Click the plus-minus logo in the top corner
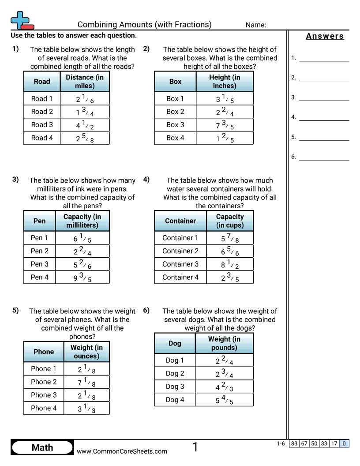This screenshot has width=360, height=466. tap(21, 20)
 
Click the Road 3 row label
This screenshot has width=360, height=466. tap(42, 125)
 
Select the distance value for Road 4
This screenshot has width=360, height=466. tap(85, 138)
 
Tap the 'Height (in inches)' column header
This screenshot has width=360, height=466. tap(225, 82)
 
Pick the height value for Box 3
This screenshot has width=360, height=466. tap(225, 125)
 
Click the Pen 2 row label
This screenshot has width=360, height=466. tap(40, 251)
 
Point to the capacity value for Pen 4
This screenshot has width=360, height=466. tap(82, 278)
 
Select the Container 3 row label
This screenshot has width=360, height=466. tap(180, 264)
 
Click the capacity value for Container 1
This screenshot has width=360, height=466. tap(230, 238)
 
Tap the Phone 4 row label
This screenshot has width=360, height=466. tap(44, 408)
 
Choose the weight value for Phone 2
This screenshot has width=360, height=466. tap(86, 382)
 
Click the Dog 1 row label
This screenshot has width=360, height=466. tap(175, 361)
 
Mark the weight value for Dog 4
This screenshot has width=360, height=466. tap(224, 400)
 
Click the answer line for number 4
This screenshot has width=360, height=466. tap(324, 117)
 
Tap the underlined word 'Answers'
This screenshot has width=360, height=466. tap(325, 36)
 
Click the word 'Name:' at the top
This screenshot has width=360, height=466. tap(256, 25)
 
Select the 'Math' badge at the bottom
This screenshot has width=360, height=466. tap(42, 447)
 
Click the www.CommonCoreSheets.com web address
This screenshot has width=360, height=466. tap(122, 451)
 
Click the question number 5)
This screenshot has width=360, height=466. tap(16, 310)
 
